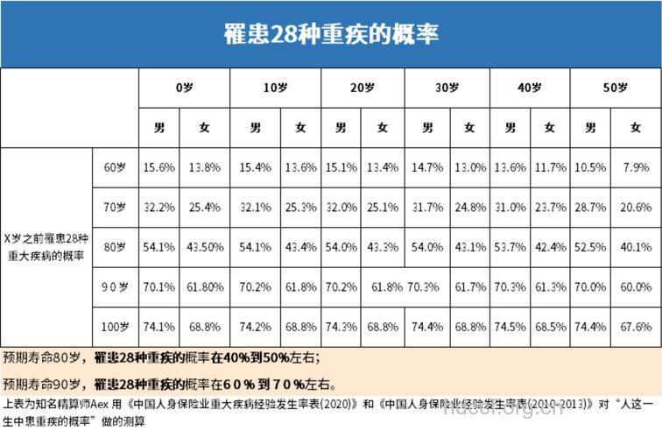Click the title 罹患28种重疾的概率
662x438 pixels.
coord(330,33)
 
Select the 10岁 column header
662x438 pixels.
coord(275,88)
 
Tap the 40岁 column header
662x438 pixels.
coord(530,88)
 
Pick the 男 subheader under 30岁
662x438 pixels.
coord(427,128)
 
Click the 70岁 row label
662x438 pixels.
coord(115,208)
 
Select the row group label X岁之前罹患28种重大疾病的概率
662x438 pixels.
coord(46,246)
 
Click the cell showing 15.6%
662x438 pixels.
coord(158,167)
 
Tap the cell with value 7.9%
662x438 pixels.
coord(636,167)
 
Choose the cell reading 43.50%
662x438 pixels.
coord(204,248)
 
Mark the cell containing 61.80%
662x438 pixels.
coord(204,287)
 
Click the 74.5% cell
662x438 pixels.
coord(509,328)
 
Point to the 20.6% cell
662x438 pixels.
coord(636,208)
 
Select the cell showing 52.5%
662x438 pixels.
coord(591,248)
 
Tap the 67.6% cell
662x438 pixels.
coord(636,328)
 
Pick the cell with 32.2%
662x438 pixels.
coord(158,208)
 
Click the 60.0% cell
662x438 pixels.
coord(636,287)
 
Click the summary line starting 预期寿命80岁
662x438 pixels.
coord(162,358)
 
